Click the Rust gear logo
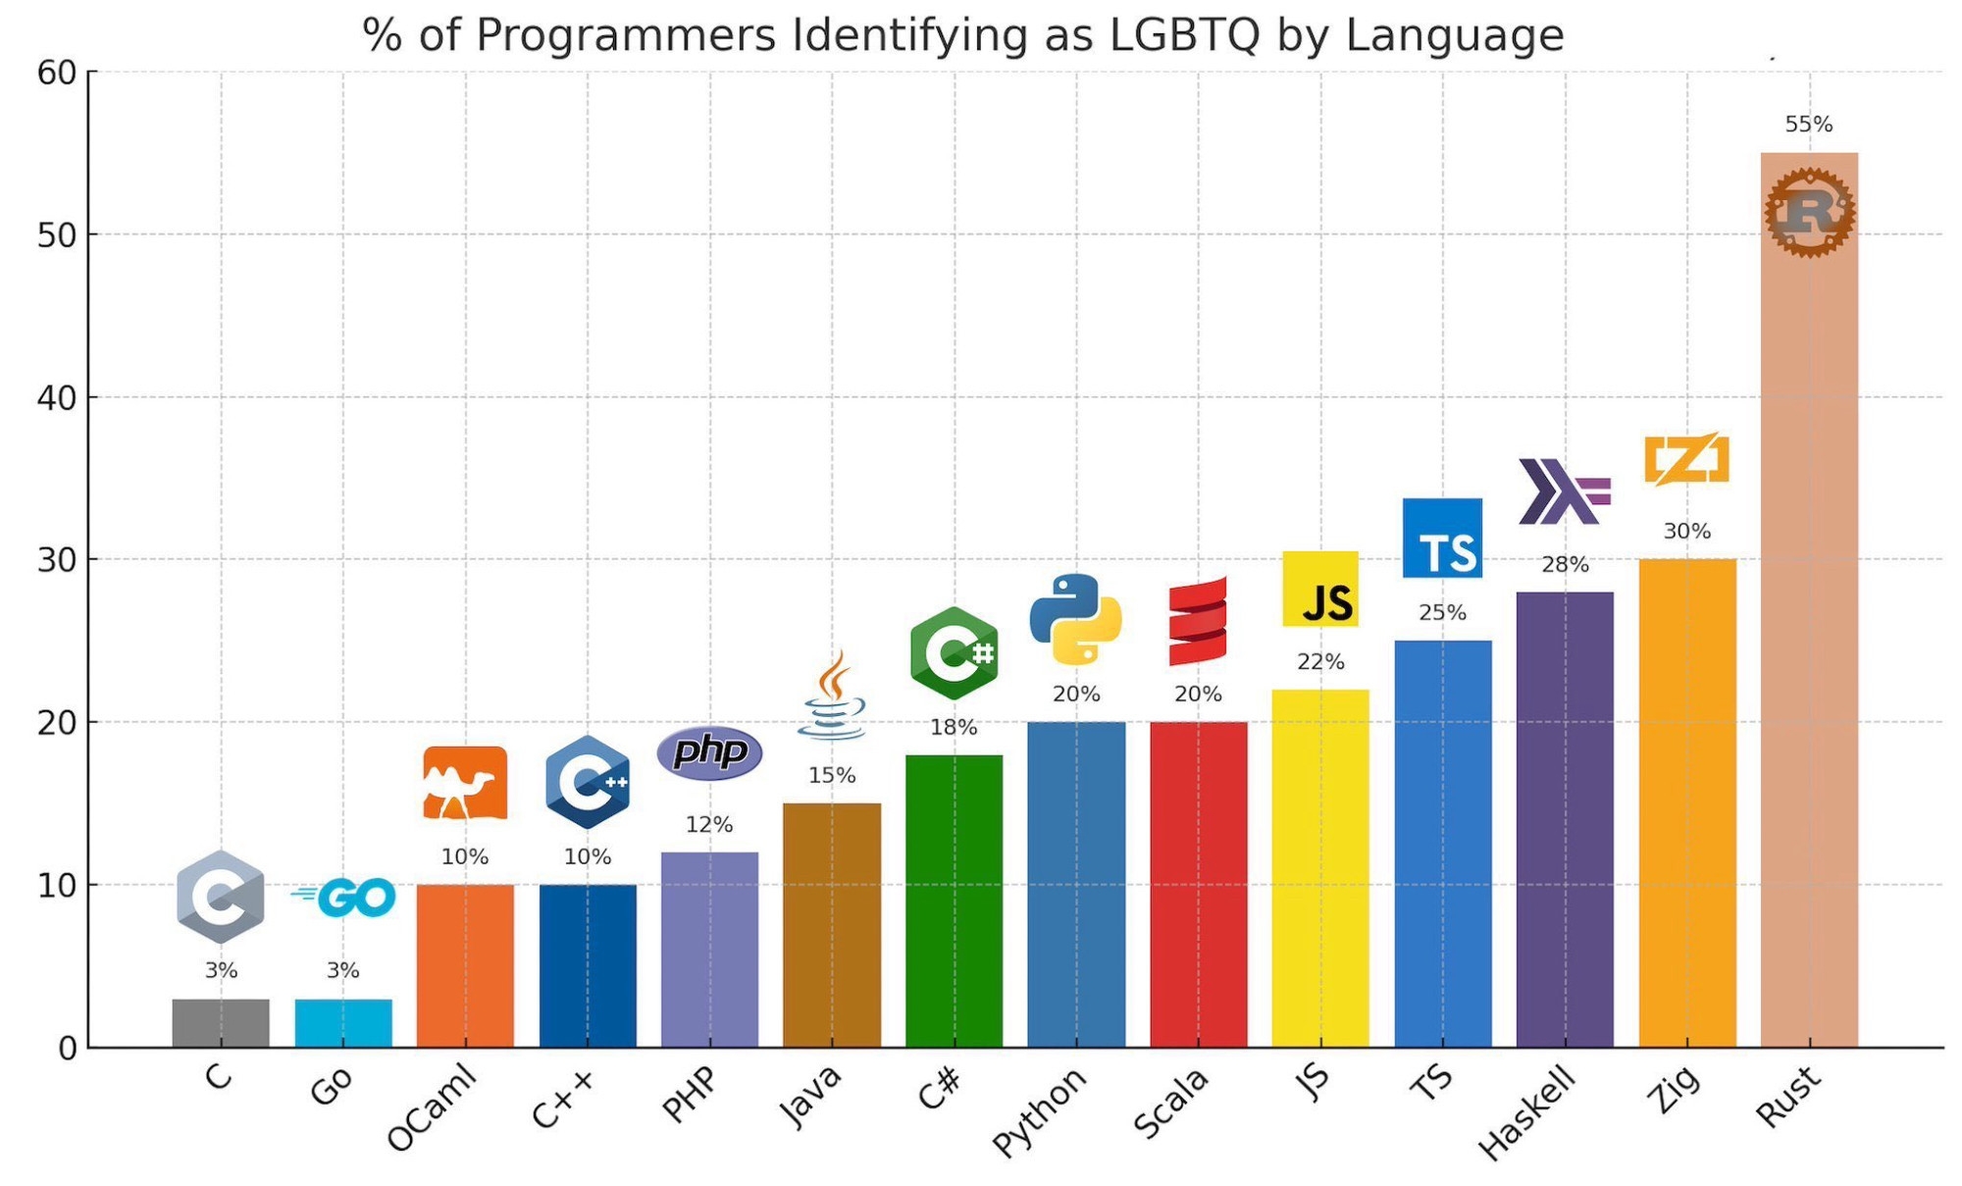(1809, 212)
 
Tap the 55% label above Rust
(1808, 125)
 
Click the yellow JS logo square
(1320, 589)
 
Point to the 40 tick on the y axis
(57, 398)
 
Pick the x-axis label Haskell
(1526, 1113)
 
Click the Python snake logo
(1076, 620)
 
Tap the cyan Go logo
(345, 897)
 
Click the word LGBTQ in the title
(1184, 35)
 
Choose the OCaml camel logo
(465, 783)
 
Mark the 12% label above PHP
(708, 825)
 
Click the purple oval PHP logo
(709, 753)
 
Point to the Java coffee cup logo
(832, 696)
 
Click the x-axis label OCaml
(433, 1108)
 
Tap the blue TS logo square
(1442, 539)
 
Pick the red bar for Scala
(1198, 884)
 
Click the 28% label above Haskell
(1565, 565)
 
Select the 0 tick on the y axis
(67, 1049)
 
